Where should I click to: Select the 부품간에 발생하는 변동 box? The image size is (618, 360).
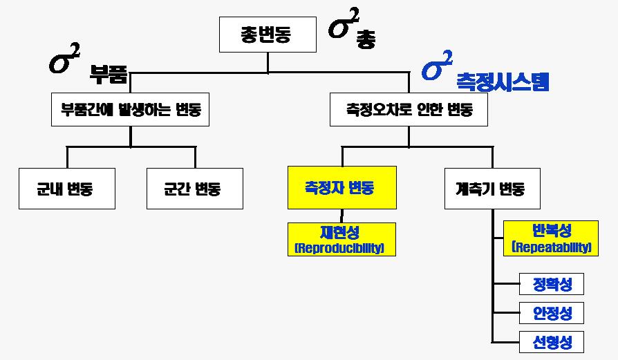tap(131, 109)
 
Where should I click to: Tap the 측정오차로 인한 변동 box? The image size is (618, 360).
tap(409, 109)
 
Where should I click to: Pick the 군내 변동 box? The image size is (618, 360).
tap(65, 189)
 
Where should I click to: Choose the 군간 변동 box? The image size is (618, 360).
tap(195, 189)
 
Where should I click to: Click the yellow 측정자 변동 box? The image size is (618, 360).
tap(341, 187)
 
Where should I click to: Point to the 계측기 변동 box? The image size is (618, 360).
tap(494, 189)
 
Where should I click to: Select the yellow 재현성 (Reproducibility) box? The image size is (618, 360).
tap(341, 239)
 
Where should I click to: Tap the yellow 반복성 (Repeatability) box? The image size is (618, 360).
tap(551, 238)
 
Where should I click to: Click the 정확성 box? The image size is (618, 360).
tap(551, 284)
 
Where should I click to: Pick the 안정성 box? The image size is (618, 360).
tap(551, 313)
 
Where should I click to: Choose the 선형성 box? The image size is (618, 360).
tap(551, 342)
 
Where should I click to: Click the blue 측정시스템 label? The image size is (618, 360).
tap(502, 83)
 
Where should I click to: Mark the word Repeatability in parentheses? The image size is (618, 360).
tap(551, 247)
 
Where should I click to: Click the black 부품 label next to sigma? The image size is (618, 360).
tap(109, 74)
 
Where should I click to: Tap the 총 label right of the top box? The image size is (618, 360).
tap(366, 39)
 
